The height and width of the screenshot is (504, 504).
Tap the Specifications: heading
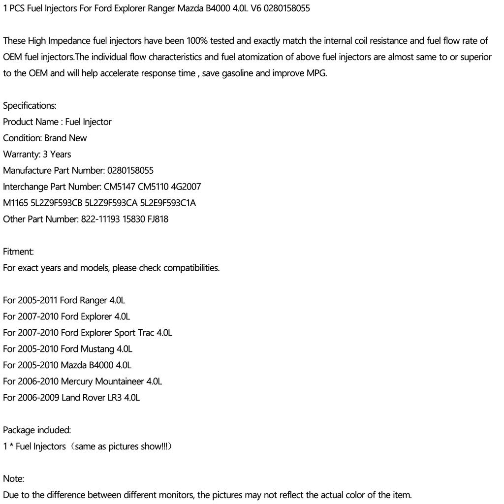point(30,106)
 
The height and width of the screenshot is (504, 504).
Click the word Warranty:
point(22,155)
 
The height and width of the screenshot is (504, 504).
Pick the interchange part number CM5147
point(120,187)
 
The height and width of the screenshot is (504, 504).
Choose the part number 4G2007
point(186,187)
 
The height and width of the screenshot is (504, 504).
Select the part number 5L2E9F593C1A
point(168,203)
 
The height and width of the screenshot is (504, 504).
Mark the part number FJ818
point(157,220)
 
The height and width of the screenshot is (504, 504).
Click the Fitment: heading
point(18,252)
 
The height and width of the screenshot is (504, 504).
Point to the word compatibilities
point(191,268)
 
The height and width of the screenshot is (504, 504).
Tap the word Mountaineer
point(120,382)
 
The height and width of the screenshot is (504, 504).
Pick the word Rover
point(94,398)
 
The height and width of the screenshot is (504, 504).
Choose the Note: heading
point(13,479)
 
